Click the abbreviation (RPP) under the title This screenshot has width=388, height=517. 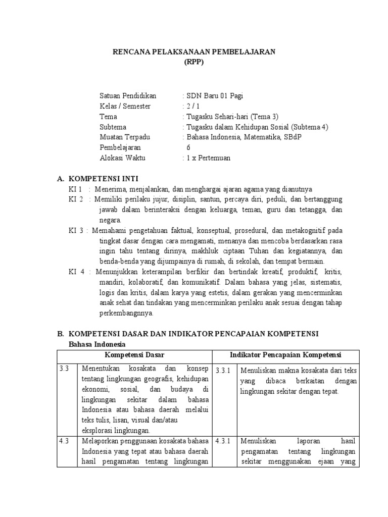[x=194, y=62]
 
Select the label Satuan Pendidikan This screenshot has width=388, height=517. [x=128, y=96]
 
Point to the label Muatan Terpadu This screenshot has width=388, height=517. [x=125, y=137]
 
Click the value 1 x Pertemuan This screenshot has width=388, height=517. [x=208, y=158]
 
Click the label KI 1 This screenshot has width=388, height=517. [x=75, y=189]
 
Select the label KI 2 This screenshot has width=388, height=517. [x=76, y=199]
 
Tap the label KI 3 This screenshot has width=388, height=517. [x=76, y=231]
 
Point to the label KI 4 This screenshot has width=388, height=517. [x=76, y=272]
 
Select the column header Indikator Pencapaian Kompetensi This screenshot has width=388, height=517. [x=286, y=355]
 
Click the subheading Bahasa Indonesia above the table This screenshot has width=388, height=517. [x=97, y=344]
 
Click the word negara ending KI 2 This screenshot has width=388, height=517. [x=110, y=220]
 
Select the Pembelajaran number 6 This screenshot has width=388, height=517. [x=189, y=147]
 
